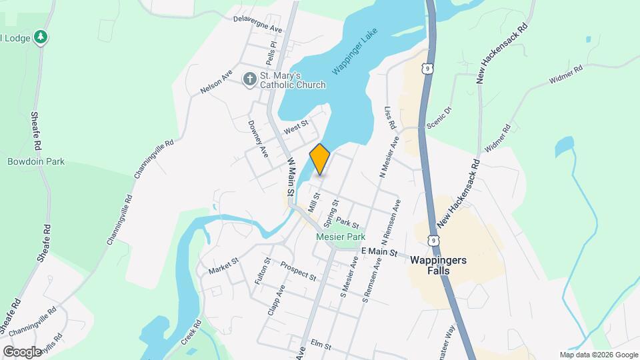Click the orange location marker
pos(320,159)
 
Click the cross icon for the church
pos(249,80)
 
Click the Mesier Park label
pos(341,237)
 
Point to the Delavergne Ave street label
pos(258,24)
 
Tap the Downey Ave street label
pos(257,138)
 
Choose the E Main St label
pos(379,252)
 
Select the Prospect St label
pos(298,270)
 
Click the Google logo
pos(22,351)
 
